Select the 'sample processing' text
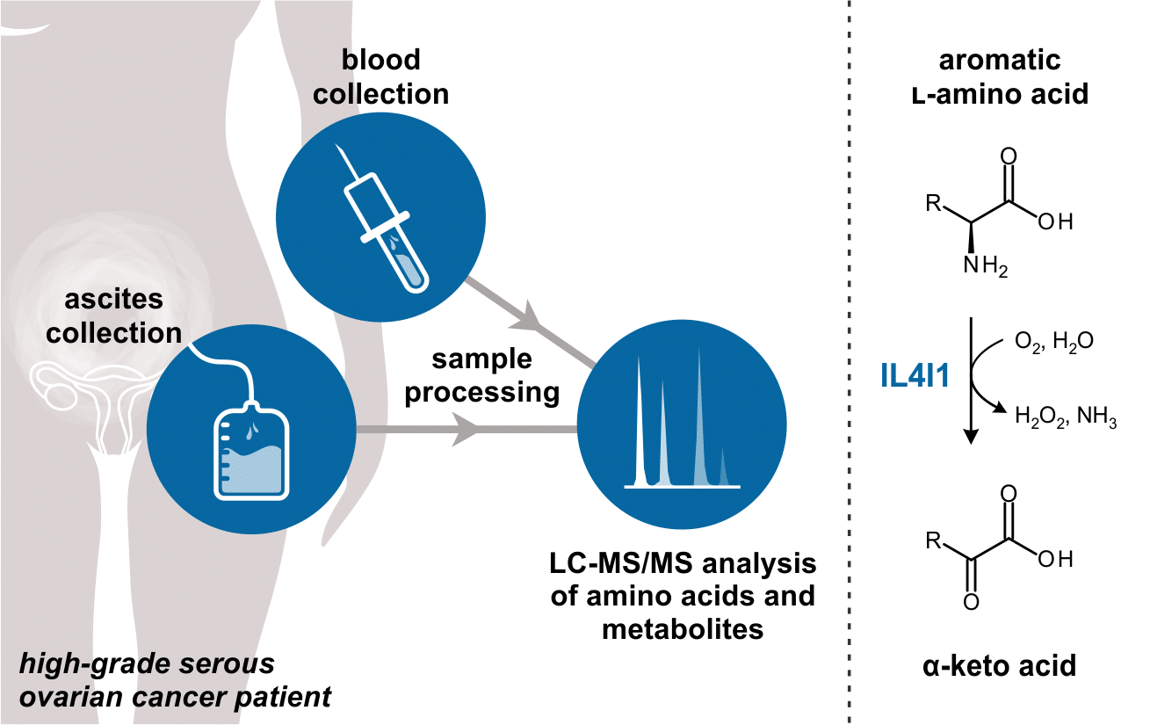(482, 376)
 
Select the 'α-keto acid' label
(1001, 665)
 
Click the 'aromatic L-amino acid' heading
(1000, 76)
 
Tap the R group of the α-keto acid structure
(934, 540)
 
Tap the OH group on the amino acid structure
(1055, 223)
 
